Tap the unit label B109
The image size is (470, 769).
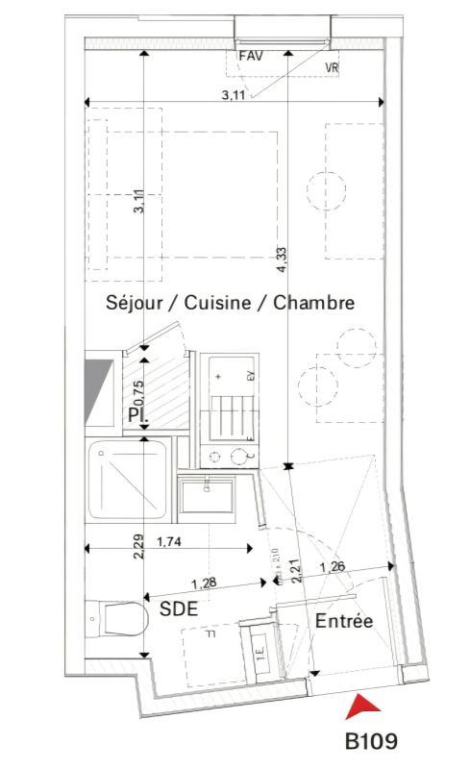click(x=371, y=741)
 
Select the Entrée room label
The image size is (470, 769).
click(x=343, y=622)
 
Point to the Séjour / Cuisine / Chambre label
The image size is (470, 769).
click(x=230, y=303)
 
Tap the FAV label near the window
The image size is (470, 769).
click(x=251, y=56)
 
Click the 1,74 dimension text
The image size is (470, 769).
click(x=169, y=542)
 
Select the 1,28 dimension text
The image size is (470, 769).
click(x=204, y=583)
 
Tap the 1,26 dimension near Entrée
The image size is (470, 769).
click(x=333, y=566)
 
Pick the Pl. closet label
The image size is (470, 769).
click(x=136, y=414)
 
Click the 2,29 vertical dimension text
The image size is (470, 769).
click(x=138, y=546)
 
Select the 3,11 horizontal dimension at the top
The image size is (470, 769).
click(x=234, y=94)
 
